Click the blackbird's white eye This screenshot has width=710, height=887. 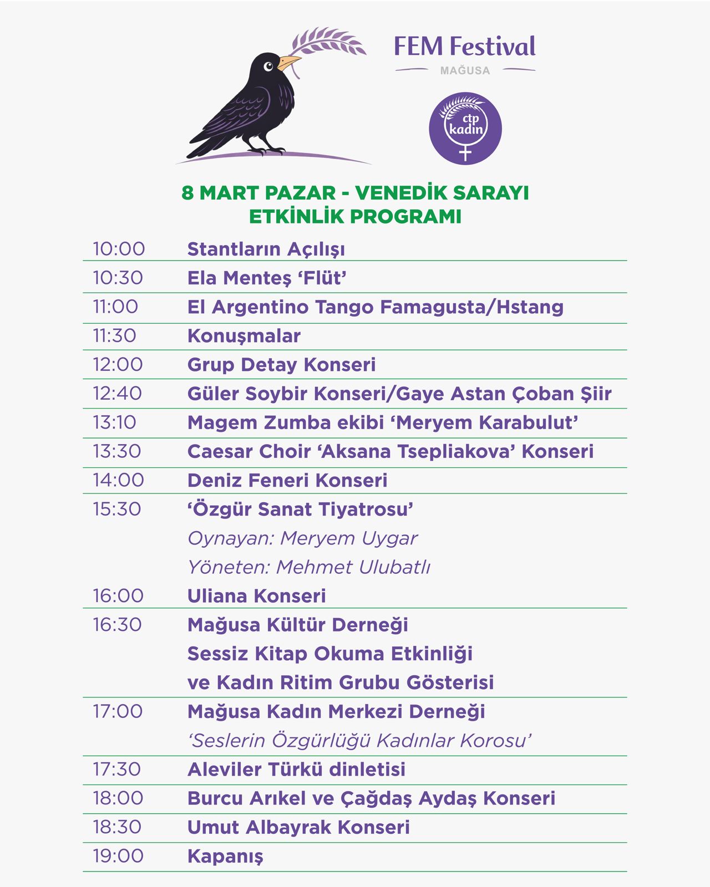[x=268, y=67]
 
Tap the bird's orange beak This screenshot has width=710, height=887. [x=288, y=62]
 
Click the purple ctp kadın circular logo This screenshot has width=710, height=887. [x=465, y=128]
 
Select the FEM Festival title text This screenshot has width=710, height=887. [x=465, y=47]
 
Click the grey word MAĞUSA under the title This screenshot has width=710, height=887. [x=465, y=71]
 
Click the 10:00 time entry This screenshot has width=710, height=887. [x=119, y=249]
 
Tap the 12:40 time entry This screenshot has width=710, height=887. [x=118, y=394]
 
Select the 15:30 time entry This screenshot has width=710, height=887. [x=117, y=509]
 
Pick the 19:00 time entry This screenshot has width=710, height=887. [x=118, y=855]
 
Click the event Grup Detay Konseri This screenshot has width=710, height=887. [x=281, y=365]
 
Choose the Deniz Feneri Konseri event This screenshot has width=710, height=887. [x=287, y=480]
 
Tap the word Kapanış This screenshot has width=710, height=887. [x=225, y=856]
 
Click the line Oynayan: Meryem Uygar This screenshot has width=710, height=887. [x=302, y=538]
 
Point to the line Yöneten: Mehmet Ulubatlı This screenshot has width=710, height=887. [x=308, y=567]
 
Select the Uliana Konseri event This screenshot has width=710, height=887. [x=256, y=596]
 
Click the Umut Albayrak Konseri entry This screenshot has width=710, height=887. [x=298, y=827]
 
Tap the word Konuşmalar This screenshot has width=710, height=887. [x=244, y=336]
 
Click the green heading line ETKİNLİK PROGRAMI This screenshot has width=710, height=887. [x=355, y=216]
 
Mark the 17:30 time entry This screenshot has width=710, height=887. [x=117, y=769]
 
